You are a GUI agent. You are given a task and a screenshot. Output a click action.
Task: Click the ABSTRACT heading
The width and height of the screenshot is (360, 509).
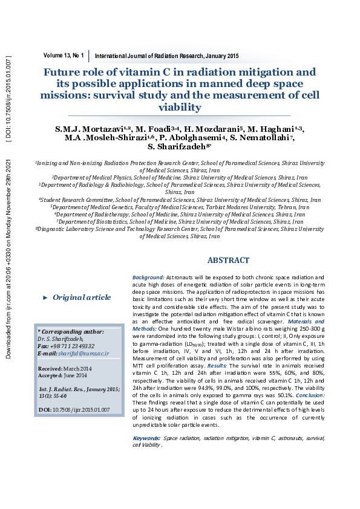point(228,261)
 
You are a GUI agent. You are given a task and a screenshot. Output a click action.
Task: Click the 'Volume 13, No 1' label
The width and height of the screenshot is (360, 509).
point(64,55)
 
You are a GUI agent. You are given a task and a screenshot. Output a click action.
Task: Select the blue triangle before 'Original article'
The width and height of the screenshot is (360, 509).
point(45,297)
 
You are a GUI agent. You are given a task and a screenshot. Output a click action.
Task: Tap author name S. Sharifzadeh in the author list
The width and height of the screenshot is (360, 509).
point(181,147)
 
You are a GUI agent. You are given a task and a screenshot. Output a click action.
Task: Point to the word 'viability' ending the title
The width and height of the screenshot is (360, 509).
point(178,107)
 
